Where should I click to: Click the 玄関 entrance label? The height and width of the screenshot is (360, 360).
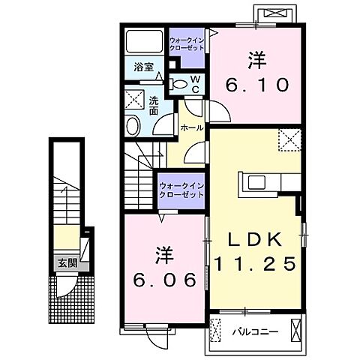(67, 263)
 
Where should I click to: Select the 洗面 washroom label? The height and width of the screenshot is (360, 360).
(153, 106)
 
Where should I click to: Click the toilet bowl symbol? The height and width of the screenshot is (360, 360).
(181, 84)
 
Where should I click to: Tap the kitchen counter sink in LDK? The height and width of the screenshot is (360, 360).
(253, 182)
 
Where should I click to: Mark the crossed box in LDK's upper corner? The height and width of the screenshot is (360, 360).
(289, 139)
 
